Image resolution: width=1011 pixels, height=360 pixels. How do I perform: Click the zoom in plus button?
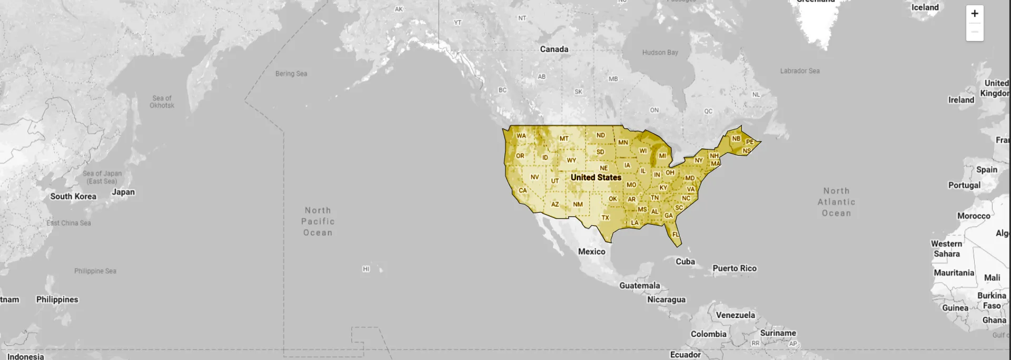pyautogui.click(x=975, y=14)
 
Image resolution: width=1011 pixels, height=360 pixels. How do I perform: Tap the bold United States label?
pyautogui.click(x=596, y=177)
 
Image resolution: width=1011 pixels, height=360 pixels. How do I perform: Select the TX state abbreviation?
pyautogui.click(x=606, y=217)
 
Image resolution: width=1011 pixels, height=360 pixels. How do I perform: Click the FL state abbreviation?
pyautogui.click(x=676, y=235)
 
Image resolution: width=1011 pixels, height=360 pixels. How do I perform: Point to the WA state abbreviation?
pyautogui.click(x=521, y=136)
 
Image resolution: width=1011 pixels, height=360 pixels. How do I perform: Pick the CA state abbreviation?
pyautogui.click(x=522, y=191)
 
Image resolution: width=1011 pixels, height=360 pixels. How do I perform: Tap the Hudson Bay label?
pyautogui.click(x=660, y=53)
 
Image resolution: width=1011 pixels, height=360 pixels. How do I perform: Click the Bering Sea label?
pyautogui.click(x=291, y=74)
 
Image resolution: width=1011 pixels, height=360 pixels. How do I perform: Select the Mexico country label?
pyautogui.click(x=592, y=252)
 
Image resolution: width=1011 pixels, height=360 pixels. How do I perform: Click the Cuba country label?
pyautogui.click(x=686, y=262)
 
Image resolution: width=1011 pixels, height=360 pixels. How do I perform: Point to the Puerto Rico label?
pyautogui.click(x=735, y=268)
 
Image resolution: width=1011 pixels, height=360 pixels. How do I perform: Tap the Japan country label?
pyautogui.click(x=123, y=192)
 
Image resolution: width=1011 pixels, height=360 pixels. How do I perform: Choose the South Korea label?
pyautogui.click(x=73, y=196)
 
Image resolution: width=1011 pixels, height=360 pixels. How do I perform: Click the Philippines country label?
pyautogui.click(x=57, y=299)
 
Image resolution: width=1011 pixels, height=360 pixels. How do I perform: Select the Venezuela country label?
pyautogui.click(x=736, y=315)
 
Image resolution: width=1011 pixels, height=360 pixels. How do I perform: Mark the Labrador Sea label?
pyautogui.click(x=800, y=71)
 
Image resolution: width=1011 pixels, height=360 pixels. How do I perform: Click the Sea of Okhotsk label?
pyautogui.click(x=162, y=102)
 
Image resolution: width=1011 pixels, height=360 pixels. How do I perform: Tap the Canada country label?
pyautogui.click(x=554, y=49)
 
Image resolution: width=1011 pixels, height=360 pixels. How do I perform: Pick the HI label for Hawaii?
pyautogui.click(x=366, y=269)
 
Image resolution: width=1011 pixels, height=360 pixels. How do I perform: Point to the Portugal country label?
pyautogui.click(x=964, y=185)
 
